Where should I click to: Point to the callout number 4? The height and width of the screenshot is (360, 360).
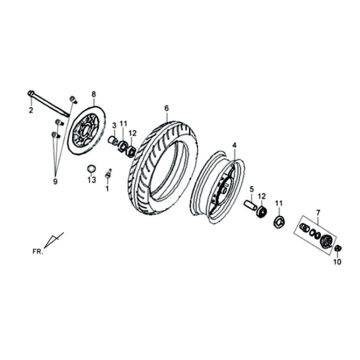(234, 145)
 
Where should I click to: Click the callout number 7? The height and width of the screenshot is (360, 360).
(318, 213)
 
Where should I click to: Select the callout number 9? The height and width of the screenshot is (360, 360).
(55, 155)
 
